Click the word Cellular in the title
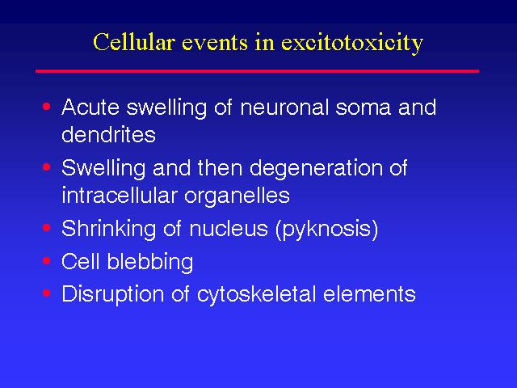pos(134,42)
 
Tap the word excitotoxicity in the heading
pos(352,44)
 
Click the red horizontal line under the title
pos(257,71)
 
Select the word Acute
pos(90,108)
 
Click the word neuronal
pos(284,108)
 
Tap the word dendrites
pos(108,134)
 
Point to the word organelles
pos(237,196)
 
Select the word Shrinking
pos(108,229)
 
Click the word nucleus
pos(229,228)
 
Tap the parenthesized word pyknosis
pos(326,229)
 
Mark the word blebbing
pos(150,262)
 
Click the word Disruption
pos(112,294)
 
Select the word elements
pos(369,294)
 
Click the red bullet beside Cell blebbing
pos(47,261)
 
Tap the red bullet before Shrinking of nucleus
pos(47,228)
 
